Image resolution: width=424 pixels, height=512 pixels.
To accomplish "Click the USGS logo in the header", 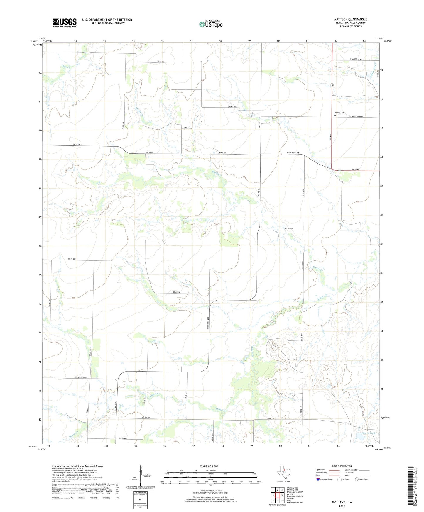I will point(65,23).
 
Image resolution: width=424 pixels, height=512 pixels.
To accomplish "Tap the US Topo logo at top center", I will point(211,24).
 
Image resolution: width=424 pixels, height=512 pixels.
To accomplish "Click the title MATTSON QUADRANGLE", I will point(350,19).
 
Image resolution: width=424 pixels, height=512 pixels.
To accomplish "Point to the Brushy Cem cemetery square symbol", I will point(335,116).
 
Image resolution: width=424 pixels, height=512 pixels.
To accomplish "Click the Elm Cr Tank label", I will point(361,433).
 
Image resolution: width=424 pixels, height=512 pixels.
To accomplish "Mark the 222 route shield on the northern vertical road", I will point(332,85).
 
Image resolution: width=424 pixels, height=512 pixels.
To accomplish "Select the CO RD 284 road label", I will point(161,61).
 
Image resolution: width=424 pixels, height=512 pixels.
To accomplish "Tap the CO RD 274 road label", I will point(289,229).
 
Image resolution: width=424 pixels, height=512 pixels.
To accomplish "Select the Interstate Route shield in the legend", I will point(318,479).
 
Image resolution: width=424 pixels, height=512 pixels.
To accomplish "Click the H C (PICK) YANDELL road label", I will point(356,116).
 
